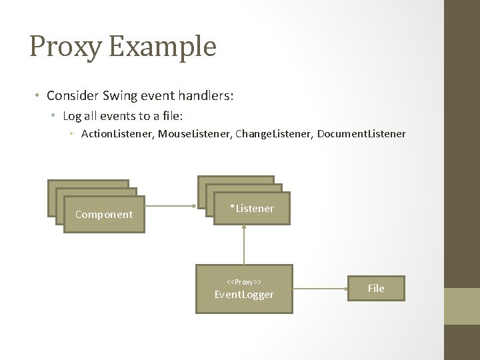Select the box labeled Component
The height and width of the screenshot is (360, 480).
104,215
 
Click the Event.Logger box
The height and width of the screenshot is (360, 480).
244,289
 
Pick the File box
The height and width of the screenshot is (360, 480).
376,288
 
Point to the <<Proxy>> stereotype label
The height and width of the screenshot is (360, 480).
244,281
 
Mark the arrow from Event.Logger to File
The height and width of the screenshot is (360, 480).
321,289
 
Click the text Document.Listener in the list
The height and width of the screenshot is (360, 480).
361,134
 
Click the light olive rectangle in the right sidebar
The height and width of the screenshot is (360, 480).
462,306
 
